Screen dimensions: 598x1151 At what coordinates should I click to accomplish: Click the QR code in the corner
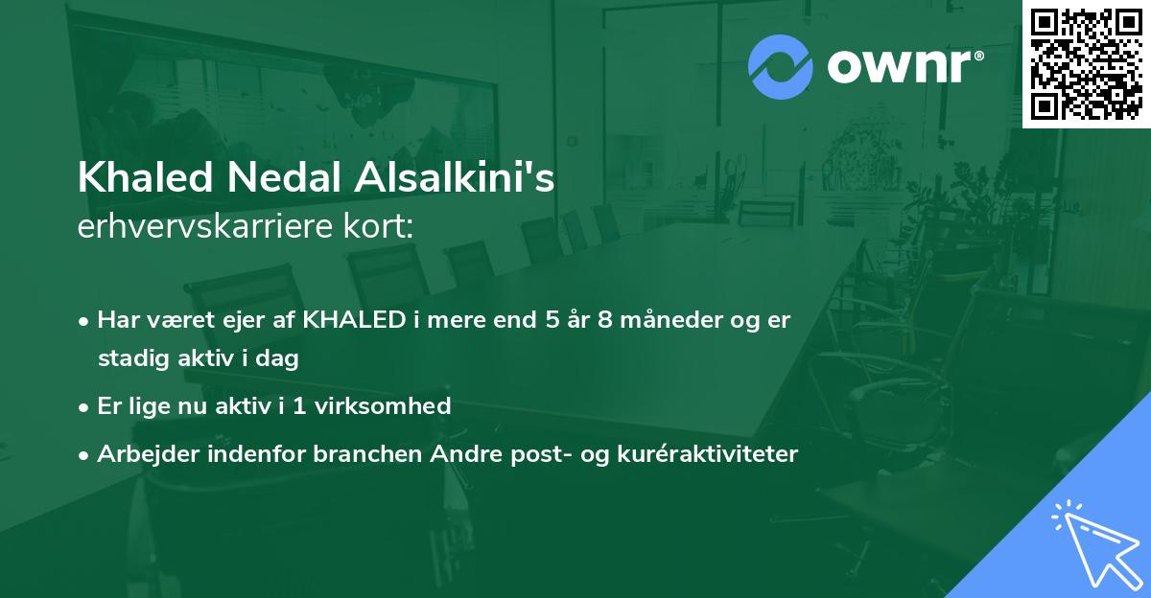[x=1086, y=63]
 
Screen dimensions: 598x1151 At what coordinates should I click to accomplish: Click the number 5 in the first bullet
[x=552, y=320]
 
